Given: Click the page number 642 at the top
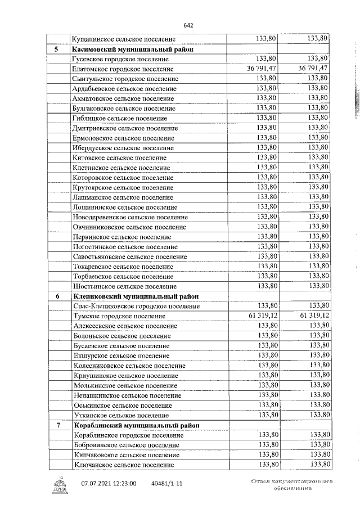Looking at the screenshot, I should click(188, 25).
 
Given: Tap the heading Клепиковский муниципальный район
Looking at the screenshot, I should click(134, 296).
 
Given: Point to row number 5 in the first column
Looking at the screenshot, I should click(56, 49).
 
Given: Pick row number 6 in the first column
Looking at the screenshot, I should click(56, 296).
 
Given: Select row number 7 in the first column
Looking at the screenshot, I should click(56, 425).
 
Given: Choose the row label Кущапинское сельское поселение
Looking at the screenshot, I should click(124, 39).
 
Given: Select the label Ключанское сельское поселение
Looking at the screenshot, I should click(122, 465).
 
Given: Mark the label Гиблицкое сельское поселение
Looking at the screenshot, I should click(120, 118).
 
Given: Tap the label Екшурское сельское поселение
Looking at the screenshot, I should click(120, 355).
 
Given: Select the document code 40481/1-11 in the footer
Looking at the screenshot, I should click(167, 483).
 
